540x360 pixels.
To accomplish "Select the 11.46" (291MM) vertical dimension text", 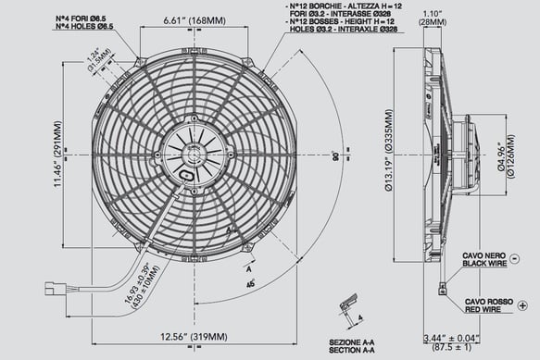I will (57, 152).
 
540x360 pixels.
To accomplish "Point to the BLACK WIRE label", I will (488, 261).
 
